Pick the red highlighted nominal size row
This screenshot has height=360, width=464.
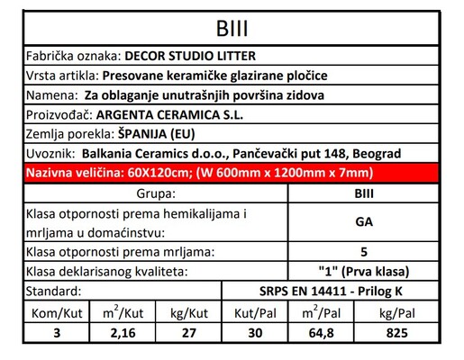(x=232, y=173)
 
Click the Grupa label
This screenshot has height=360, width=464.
(x=150, y=192)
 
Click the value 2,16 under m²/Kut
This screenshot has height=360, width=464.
(x=122, y=331)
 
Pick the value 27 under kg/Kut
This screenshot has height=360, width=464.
(x=188, y=331)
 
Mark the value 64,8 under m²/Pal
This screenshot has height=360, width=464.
(x=321, y=331)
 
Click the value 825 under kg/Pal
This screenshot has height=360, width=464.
(x=394, y=331)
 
